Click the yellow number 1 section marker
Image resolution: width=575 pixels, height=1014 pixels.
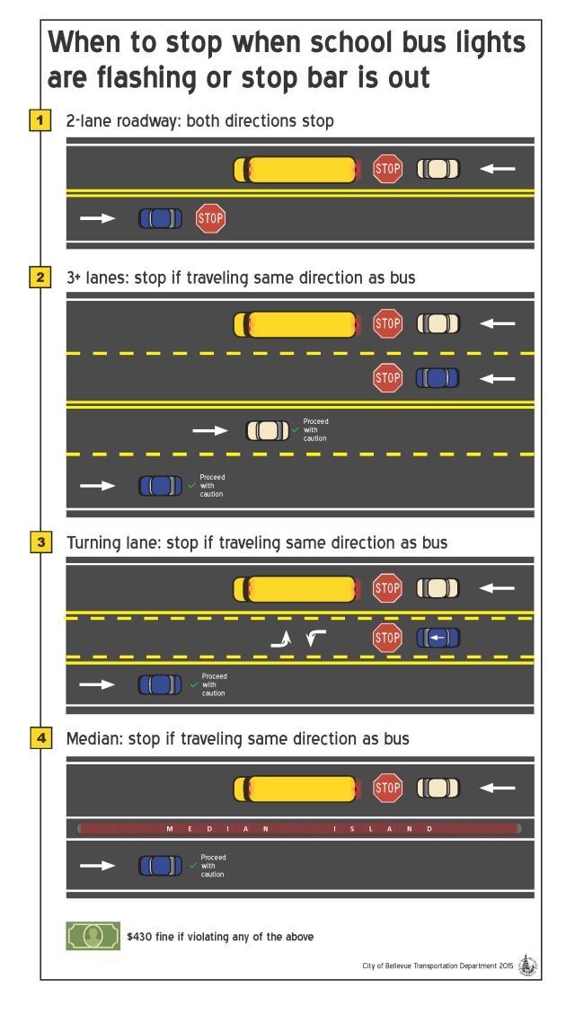pyautogui.click(x=40, y=121)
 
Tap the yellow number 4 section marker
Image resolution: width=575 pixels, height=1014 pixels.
pyautogui.click(x=40, y=739)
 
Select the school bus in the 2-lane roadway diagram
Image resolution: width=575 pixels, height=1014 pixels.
pyautogui.click(x=296, y=170)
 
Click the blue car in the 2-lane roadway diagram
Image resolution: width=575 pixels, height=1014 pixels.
pyautogui.click(x=161, y=218)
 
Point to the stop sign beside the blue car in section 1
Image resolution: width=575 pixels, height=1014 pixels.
pyautogui.click(x=210, y=218)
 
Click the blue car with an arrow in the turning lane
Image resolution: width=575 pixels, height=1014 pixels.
pyautogui.click(x=438, y=639)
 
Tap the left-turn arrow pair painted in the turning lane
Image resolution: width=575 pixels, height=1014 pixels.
pyautogui.click(x=298, y=639)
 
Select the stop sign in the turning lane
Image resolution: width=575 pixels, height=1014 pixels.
pyautogui.click(x=387, y=639)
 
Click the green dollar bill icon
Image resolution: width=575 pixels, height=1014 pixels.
pyautogui.click(x=93, y=936)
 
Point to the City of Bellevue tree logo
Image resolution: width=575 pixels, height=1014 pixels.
pyautogui.click(x=527, y=965)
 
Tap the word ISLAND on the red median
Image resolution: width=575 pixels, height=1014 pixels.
pyautogui.click(x=383, y=828)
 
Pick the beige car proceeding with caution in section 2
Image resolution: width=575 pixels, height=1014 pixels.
pyautogui.click(x=267, y=430)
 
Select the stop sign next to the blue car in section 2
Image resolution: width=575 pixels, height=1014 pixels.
pyautogui.click(x=387, y=377)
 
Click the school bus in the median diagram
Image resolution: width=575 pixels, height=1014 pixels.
pyautogui.click(x=296, y=788)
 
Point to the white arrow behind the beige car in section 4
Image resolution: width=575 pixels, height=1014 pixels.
pyautogui.click(x=498, y=788)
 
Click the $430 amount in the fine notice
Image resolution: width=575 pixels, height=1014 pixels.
pyautogui.click(x=140, y=937)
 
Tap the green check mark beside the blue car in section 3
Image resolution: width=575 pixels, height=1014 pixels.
pyautogui.click(x=193, y=684)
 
